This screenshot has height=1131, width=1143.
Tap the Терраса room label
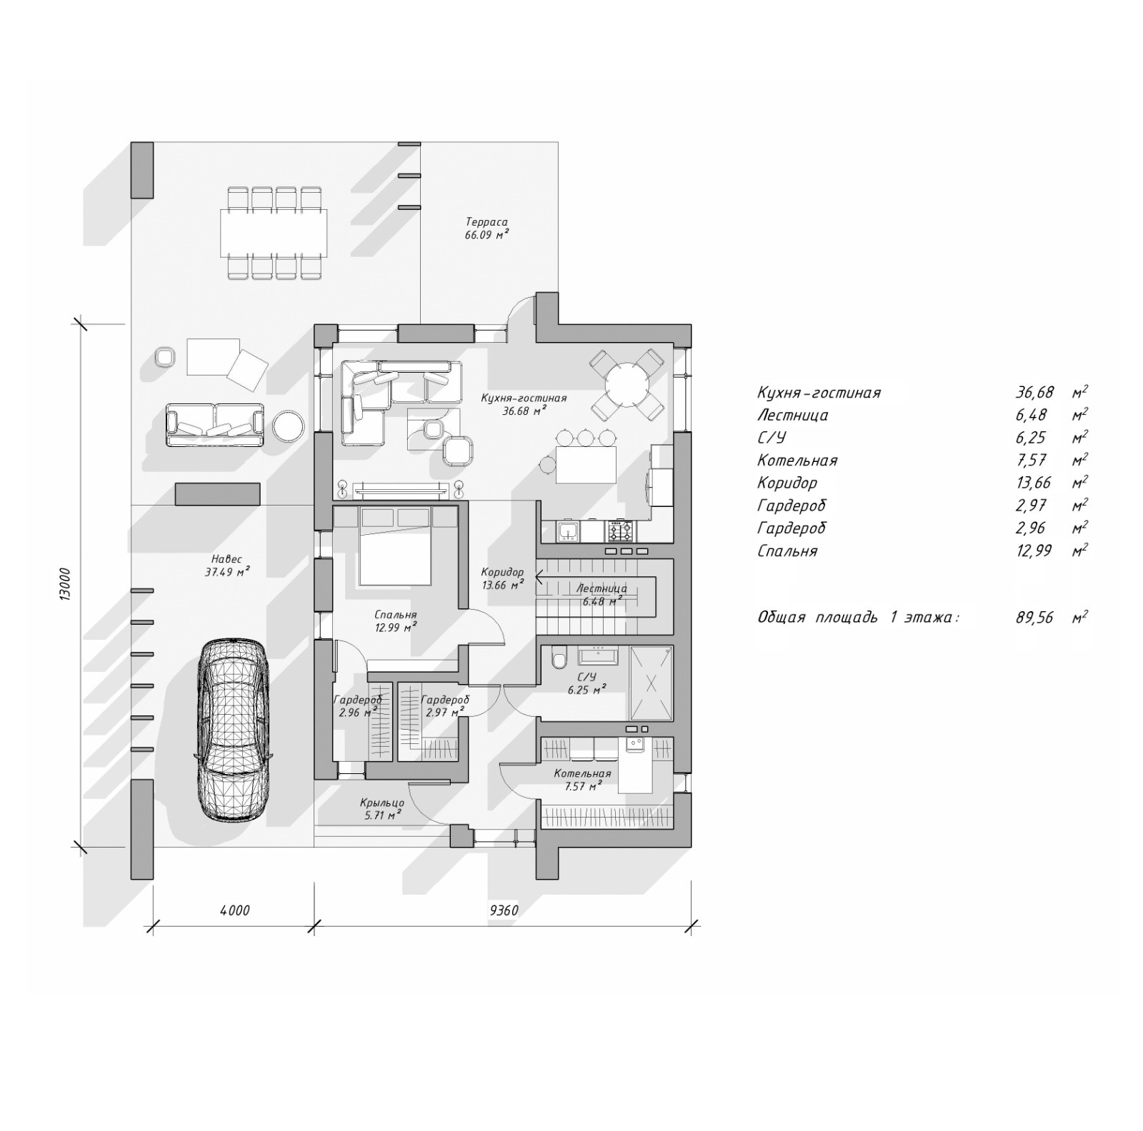pyautogui.click(x=486, y=222)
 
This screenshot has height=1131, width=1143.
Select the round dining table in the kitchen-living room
pyautogui.click(x=627, y=386)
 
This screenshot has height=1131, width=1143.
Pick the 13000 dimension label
pyautogui.click(x=64, y=585)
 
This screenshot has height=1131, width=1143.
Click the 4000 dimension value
pyautogui.click(x=234, y=910)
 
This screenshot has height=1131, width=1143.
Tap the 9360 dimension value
pyautogui.click(x=504, y=910)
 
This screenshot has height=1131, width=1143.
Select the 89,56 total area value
pyautogui.click(x=1034, y=618)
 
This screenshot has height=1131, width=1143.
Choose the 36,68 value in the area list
pyautogui.click(x=1034, y=392)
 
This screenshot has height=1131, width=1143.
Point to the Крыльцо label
pyautogui.click(x=382, y=803)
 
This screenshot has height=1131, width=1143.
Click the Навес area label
pyautogui.click(x=226, y=559)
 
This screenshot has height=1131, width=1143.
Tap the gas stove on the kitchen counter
pyautogui.click(x=619, y=531)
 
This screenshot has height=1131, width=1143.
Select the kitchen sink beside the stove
pyautogui.click(x=568, y=531)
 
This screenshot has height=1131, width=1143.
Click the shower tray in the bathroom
pyautogui.click(x=650, y=683)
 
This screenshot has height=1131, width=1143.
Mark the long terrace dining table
pyautogui.click(x=274, y=232)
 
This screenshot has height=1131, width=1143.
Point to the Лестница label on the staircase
pyautogui.click(x=602, y=589)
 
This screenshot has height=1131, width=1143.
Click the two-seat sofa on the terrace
pyautogui.click(x=214, y=426)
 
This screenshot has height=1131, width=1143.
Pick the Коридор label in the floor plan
pyautogui.click(x=502, y=572)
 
